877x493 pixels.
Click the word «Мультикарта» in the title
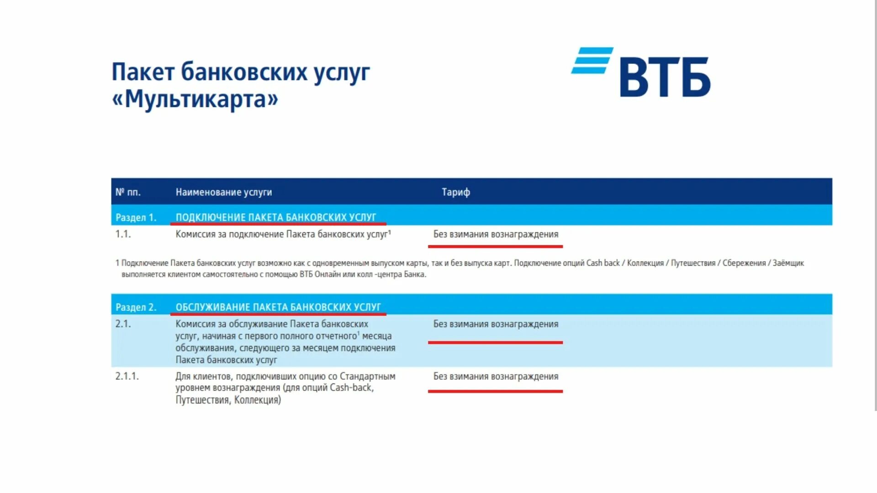pyautogui.click(x=195, y=99)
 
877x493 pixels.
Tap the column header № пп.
pyautogui.click(x=128, y=192)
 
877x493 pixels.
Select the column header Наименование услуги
pyautogui.click(x=223, y=192)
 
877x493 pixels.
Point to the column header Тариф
pyautogui.click(x=455, y=192)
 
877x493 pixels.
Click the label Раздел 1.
pyautogui.click(x=136, y=218)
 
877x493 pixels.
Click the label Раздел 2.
pyautogui.click(x=136, y=307)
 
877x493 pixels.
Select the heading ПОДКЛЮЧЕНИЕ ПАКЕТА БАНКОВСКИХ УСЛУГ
pyautogui.click(x=276, y=217)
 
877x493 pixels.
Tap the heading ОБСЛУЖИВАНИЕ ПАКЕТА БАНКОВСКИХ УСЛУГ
pyautogui.click(x=278, y=307)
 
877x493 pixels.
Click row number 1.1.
pyautogui.click(x=123, y=234)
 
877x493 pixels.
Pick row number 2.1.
pyautogui.click(x=123, y=324)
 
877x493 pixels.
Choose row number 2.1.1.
pyautogui.click(x=127, y=376)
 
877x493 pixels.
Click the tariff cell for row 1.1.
pyautogui.click(x=496, y=235)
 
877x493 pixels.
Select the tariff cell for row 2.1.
pyautogui.click(x=496, y=324)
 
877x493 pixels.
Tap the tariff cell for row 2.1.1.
pyautogui.click(x=496, y=377)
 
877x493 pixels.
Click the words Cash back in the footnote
pyautogui.click(x=603, y=263)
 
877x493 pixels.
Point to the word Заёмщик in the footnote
pyautogui.click(x=788, y=263)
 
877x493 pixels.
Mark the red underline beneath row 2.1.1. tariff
pyautogui.click(x=495, y=391)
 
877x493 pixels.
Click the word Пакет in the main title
pyautogui.click(x=143, y=72)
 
